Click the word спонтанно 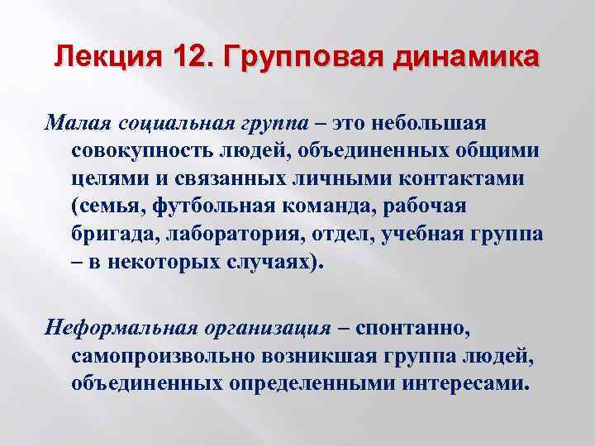(411, 328)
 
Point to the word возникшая (312, 355)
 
